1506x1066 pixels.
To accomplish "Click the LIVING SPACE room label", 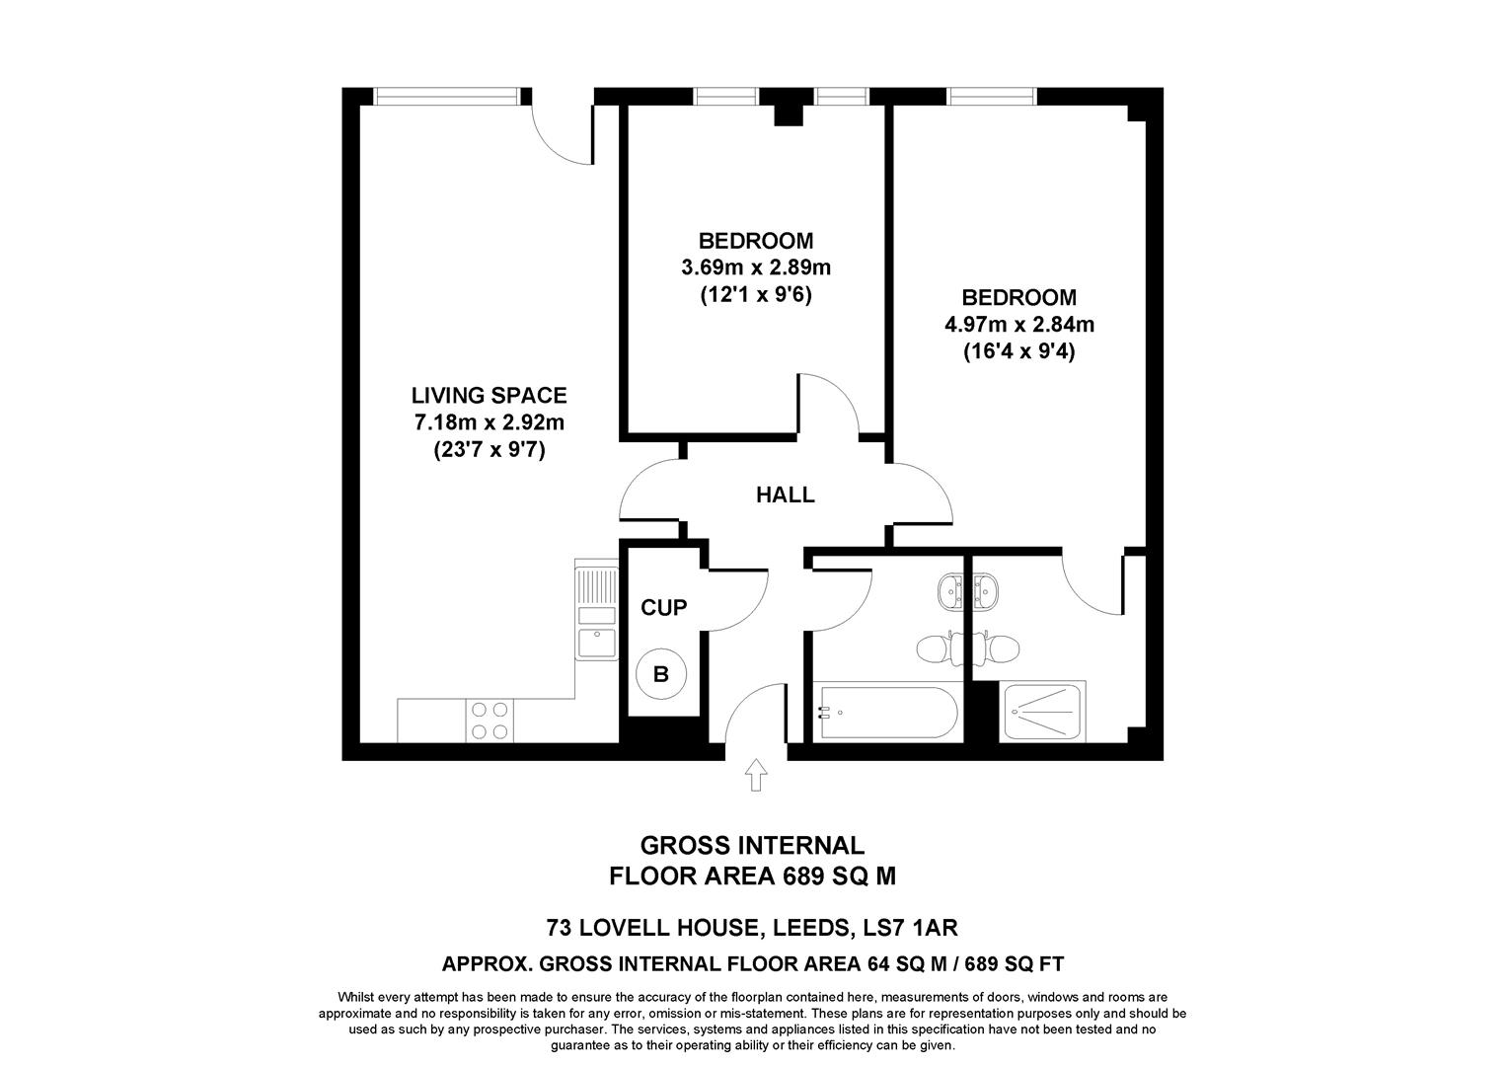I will point(489,396).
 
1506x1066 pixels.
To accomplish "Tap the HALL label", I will point(785,495).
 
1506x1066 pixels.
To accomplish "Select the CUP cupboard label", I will point(663,608).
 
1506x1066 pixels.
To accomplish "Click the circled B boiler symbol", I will point(661,675).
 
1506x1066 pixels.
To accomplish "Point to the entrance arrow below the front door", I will point(756,775).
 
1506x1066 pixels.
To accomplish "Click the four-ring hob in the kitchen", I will point(489,720).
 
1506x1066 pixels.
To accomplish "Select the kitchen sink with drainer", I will point(596,611).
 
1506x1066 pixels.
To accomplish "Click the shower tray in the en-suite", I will point(1042,712).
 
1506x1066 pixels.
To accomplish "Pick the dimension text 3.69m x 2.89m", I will point(756,267).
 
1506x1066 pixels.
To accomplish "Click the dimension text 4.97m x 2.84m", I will point(1018,324).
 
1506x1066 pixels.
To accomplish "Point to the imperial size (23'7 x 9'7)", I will point(489,451).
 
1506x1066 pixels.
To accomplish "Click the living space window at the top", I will point(446,96).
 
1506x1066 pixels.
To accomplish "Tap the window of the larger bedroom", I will point(992,96).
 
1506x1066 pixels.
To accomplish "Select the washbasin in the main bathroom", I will point(953,592).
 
